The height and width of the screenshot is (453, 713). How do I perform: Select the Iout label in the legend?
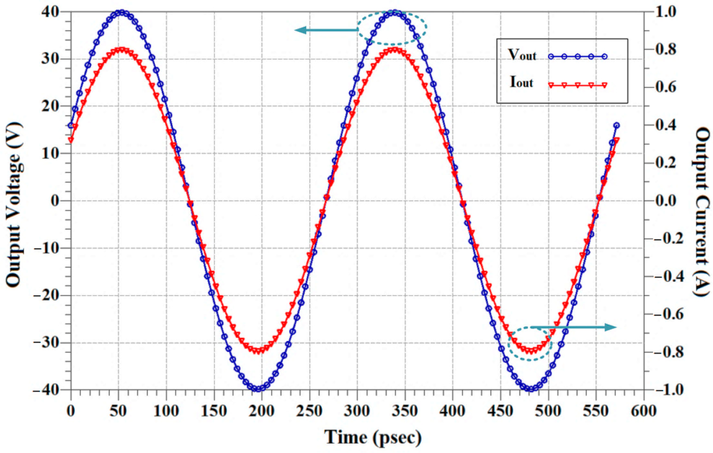[x=521, y=83]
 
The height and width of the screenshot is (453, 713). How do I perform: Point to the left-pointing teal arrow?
[x=326, y=30]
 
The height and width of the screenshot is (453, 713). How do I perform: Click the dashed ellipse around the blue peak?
[x=392, y=28]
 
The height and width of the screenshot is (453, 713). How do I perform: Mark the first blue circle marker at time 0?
[x=71, y=125]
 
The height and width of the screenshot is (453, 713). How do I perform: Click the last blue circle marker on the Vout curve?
[x=616, y=125]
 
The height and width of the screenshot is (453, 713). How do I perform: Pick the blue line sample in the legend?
[x=577, y=57]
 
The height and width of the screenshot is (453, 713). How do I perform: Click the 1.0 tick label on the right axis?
[x=666, y=12]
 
